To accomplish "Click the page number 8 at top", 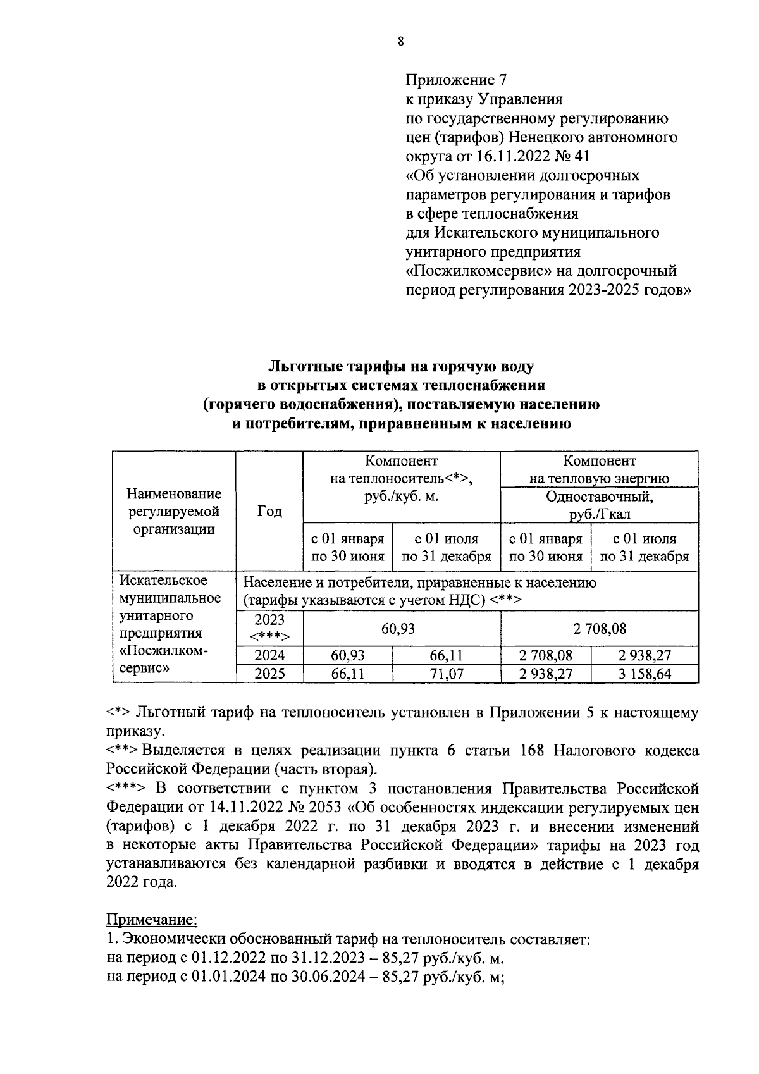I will pos(400,42).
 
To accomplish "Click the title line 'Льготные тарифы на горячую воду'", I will pos(401,366).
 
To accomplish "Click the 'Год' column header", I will pos(269,510).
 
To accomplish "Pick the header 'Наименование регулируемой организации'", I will pos(174,510).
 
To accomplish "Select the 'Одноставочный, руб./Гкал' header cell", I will pos(599,505).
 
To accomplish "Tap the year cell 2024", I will pos(269,655).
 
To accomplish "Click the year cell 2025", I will pos(269,674).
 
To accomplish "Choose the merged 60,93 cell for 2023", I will pos(401,628).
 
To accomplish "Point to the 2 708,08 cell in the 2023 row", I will pos(599,628).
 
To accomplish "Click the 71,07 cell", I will pos(446,674).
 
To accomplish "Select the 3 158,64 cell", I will pos(645,674).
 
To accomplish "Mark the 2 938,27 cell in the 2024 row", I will pos(645,655).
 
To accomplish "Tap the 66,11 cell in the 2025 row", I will pos(348,674).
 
